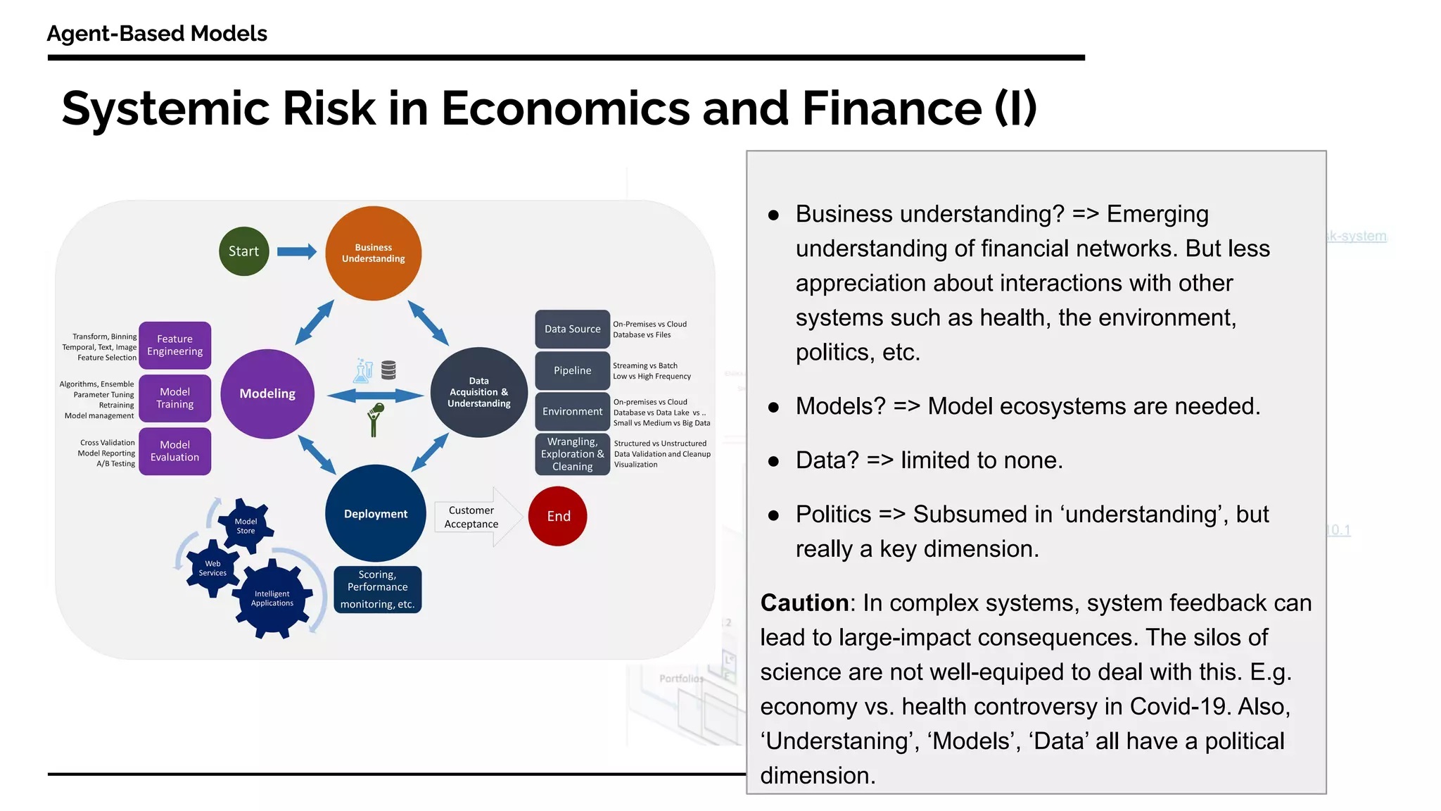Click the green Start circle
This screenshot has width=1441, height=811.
(243, 251)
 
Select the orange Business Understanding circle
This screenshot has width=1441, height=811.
(374, 253)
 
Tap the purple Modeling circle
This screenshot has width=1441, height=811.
(267, 394)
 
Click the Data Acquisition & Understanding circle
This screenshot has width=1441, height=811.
(479, 392)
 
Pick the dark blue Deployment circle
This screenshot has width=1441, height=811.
(376, 514)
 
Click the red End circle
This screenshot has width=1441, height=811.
(558, 516)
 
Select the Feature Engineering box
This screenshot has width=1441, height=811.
(175, 345)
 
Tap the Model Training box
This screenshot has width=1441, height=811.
(175, 398)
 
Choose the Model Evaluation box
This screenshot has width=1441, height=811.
(175, 451)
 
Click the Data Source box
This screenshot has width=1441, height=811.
(573, 329)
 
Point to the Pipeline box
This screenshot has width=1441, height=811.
(573, 370)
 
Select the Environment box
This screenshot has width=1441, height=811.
(573, 412)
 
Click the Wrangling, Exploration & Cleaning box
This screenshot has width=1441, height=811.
(573, 454)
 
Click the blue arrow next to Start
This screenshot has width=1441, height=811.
(296, 251)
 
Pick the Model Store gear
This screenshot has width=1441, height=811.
(246, 526)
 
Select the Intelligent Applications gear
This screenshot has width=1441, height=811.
(272, 598)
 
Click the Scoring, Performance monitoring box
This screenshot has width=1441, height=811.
(378, 589)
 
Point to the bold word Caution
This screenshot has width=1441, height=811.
(804, 603)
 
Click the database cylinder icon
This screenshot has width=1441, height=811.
(388, 370)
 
